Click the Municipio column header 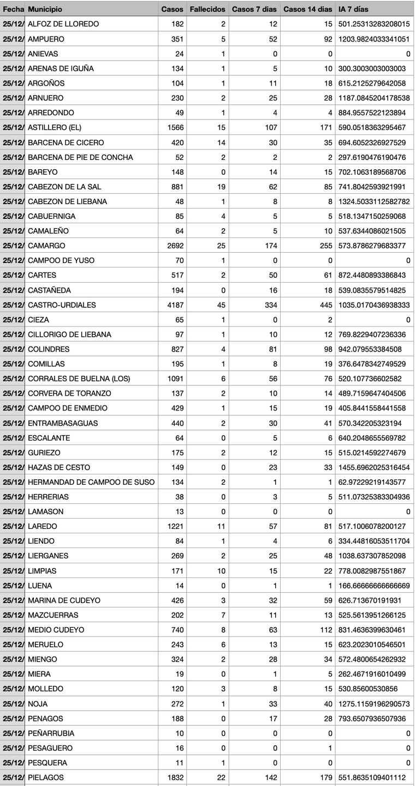[x=45, y=9]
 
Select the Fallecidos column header [x=207, y=9]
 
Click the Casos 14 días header [x=307, y=9]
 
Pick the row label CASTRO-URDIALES [x=62, y=305]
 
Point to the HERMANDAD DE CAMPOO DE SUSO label [x=91, y=482]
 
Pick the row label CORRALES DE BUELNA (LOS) [x=79, y=378]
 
